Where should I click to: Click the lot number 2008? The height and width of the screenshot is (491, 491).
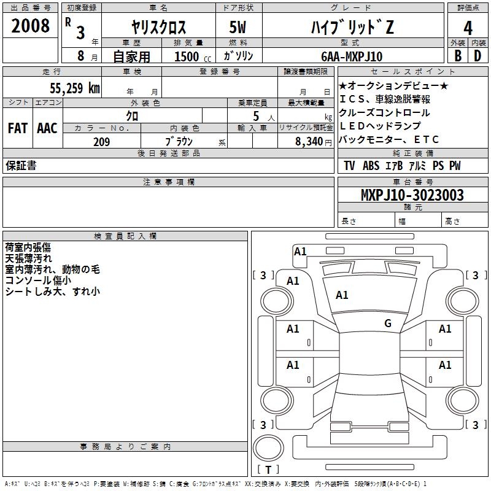click(x=31, y=26)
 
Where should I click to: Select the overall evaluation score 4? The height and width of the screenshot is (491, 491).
click(x=468, y=28)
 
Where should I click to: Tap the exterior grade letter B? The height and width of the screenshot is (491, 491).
click(x=457, y=56)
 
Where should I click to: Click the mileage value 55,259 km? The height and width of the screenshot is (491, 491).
click(x=75, y=88)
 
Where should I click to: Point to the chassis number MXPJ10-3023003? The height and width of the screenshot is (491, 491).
click(x=412, y=195)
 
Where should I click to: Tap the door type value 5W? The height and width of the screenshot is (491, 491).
click(x=239, y=28)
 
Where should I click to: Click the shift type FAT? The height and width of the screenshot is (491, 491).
click(x=17, y=128)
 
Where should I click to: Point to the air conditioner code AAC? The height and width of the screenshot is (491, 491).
click(x=47, y=128)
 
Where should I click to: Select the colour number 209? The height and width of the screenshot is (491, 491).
click(x=101, y=142)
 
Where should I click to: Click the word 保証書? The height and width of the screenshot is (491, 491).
click(x=21, y=166)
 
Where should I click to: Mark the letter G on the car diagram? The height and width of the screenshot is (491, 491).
click(x=388, y=323)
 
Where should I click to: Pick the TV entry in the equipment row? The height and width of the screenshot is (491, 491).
click(x=349, y=166)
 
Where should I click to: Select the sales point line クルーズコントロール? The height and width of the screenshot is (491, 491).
click(x=384, y=112)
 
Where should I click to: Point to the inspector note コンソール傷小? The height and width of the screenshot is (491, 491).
click(x=38, y=280)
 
